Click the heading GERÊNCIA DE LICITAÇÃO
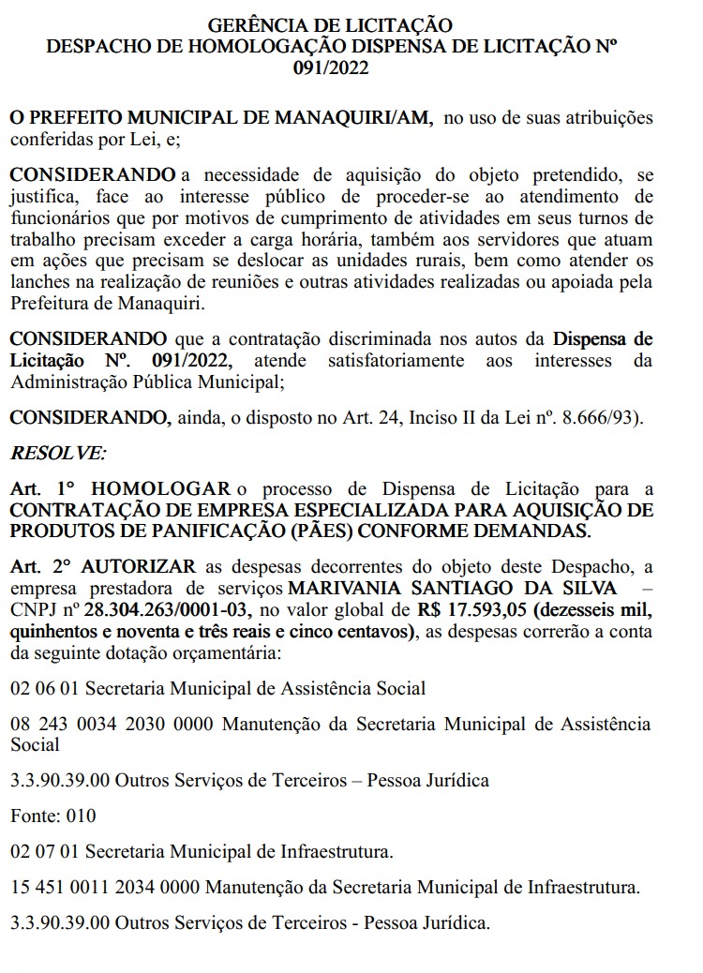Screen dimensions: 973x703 coord(342,24)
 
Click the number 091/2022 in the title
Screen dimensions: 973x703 coord(342,67)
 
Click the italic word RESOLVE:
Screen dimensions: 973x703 coord(58,453)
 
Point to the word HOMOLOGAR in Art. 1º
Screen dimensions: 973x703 coord(161,488)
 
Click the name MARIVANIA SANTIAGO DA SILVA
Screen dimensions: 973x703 coord(453,587)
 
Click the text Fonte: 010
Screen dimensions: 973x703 coord(52,816)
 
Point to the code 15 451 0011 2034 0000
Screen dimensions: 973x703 coord(105,886)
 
